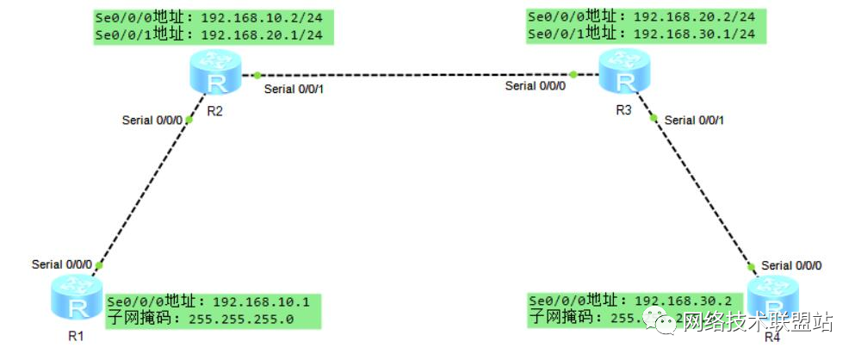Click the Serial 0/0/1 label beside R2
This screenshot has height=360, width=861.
pos(293,90)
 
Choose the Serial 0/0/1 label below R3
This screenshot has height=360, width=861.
pos(695,121)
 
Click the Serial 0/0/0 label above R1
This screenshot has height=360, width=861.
pos(61,264)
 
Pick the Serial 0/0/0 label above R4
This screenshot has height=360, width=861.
pos(791,265)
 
